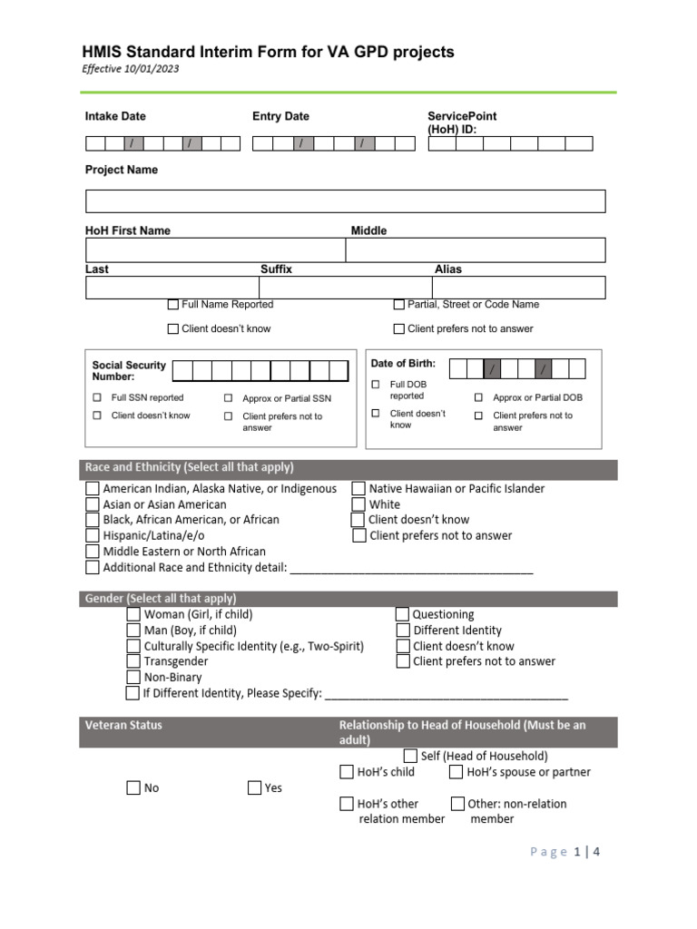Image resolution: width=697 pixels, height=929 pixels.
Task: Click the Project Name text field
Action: pyautogui.click(x=345, y=200)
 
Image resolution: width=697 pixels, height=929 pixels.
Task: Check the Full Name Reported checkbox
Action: pyautogui.click(x=173, y=305)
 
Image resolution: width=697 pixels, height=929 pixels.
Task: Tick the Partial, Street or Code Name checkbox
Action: pyautogui.click(x=399, y=305)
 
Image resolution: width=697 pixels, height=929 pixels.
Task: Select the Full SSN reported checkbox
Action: pyautogui.click(x=97, y=397)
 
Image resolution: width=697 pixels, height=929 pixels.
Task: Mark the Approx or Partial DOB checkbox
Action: pyautogui.click(x=478, y=397)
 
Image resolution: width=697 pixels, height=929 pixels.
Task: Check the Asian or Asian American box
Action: pyautogui.click(x=93, y=504)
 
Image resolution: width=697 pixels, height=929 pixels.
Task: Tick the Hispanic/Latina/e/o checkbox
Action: pyautogui.click(x=93, y=535)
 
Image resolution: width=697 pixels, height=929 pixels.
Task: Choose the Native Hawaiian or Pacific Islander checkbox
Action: pyautogui.click(x=358, y=489)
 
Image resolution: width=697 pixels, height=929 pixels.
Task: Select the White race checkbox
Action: pyautogui.click(x=358, y=504)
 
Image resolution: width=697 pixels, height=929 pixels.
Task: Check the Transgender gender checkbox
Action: pyautogui.click(x=133, y=661)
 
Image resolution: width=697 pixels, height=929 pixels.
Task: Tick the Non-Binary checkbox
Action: pyautogui.click(x=133, y=677)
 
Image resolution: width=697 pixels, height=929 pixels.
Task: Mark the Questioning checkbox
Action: pyautogui.click(x=403, y=614)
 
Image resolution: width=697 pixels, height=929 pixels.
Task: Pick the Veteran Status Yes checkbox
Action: pyautogui.click(x=255, y=787)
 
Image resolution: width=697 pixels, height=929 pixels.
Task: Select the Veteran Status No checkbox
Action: pyautogui.click(x=133, y=787)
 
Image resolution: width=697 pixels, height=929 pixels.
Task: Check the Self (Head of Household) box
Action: pyautogui.click(x=410, y=756)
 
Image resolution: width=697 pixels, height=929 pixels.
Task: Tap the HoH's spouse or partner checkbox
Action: pyautogui.click(x=456, y=772)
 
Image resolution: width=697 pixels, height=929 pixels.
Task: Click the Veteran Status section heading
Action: pyautogui.click(x=123, y=725)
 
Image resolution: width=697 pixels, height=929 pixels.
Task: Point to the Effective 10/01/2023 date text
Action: pyautogui.click(x=131, y=70)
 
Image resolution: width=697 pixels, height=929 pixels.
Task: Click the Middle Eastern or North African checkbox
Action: pyautogui.click(x=93, y=552)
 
